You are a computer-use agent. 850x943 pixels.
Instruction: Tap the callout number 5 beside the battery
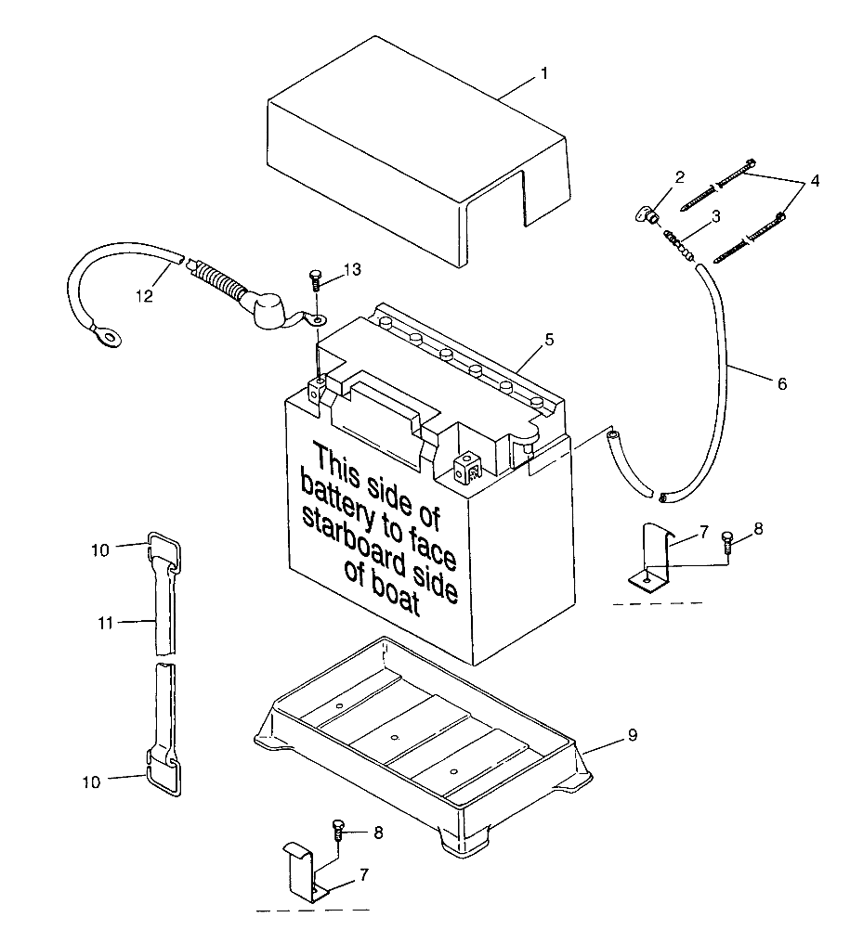(550, 340)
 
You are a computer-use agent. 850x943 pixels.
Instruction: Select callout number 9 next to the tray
(632, 735)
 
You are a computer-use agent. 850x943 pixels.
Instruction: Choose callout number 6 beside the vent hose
(781, 383)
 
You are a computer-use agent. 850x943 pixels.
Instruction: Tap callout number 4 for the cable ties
(815, 182)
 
